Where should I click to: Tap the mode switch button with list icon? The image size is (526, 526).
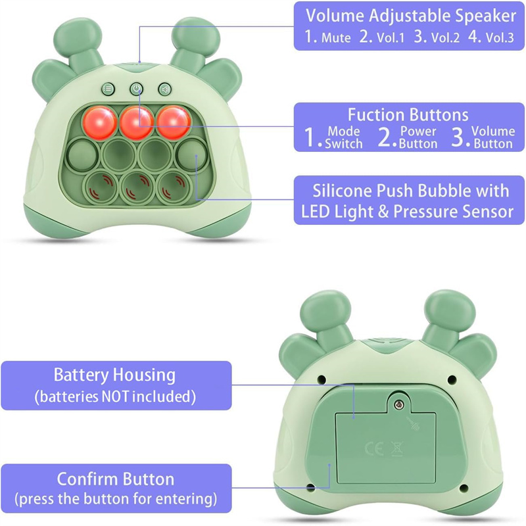coord(108,89)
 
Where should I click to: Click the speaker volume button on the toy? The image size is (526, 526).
coord(165,89)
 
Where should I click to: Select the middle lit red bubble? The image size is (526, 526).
coord(137,122)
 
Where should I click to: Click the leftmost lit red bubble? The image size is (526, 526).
coord(100,122)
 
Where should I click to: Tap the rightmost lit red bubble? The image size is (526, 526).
coord(174,122)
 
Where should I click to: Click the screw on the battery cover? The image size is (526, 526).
coord(398,405)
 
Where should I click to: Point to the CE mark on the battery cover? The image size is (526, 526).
coord(374,448)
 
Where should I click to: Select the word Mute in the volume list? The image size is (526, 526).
coord(336,37)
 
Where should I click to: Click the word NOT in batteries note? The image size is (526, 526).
coord(115,396)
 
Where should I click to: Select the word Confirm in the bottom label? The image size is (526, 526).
coord(87,479)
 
